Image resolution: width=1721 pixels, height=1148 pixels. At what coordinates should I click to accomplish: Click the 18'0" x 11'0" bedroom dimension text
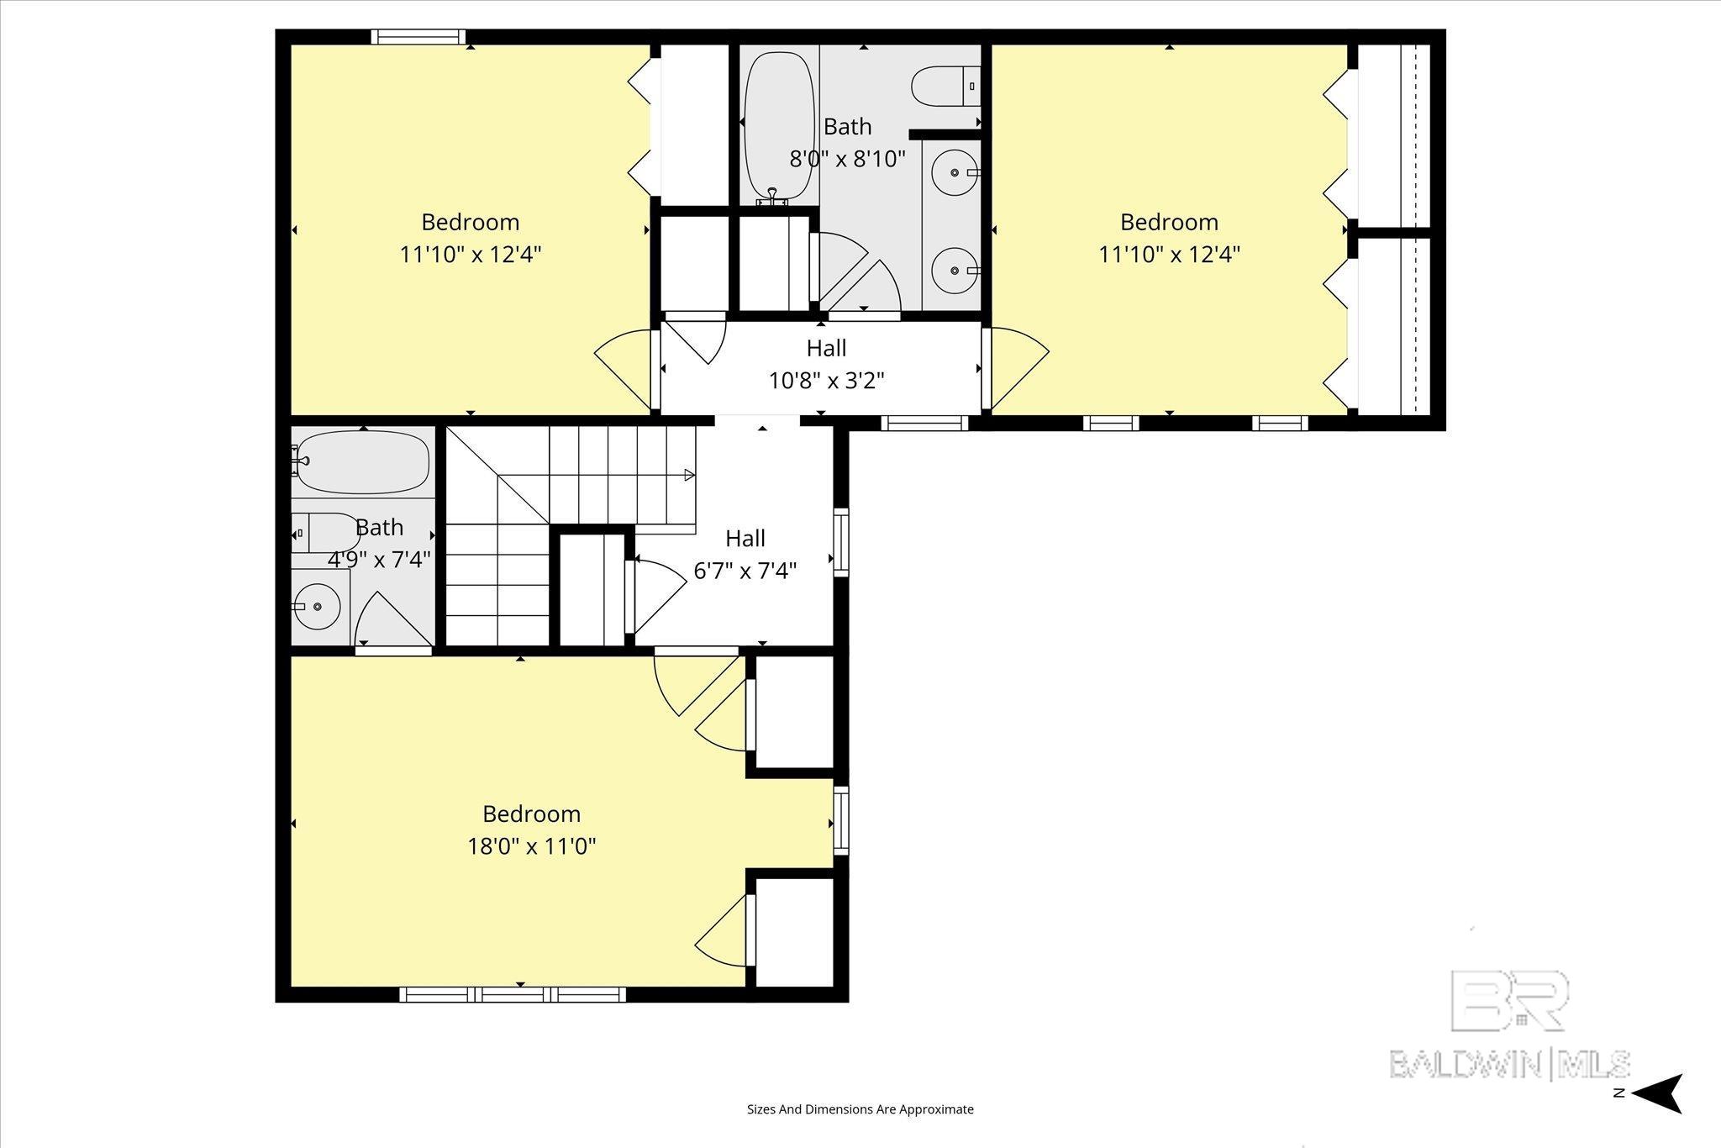point(532,845)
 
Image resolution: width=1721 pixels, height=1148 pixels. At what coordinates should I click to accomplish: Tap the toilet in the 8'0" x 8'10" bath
point(945,87)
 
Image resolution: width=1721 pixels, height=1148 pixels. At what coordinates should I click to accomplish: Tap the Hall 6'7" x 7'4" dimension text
point(745,571)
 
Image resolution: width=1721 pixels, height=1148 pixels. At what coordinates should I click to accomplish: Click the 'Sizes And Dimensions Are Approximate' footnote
point(860,1109)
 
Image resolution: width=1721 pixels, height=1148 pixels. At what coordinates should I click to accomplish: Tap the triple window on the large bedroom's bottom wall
point(512,995)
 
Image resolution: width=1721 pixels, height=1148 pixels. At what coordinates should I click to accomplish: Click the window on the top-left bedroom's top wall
point(418,37)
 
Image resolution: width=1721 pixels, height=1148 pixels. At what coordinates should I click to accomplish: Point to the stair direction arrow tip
point(690,476)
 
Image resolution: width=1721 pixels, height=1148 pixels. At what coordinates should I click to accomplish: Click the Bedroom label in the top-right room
point(1169,222)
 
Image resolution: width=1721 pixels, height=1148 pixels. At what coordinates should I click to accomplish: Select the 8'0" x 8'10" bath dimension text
point(847,158)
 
